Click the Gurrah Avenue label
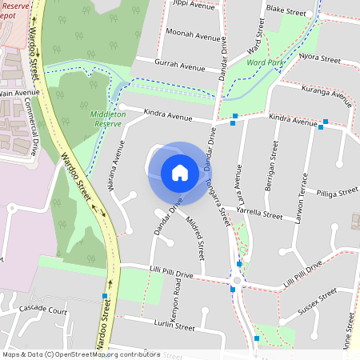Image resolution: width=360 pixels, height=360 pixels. click(180, 66)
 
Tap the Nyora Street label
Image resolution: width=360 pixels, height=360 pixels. click(318, 58)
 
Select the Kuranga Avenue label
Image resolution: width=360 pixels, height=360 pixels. click(324, 97)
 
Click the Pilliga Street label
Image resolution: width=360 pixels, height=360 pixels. click(337, 193)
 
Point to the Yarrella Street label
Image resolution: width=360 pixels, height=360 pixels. click(259, 214)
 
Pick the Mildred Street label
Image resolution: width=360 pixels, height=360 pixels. click(196, 234)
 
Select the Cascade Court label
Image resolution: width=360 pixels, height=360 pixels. click(46, 310)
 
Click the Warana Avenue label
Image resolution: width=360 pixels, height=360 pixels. click(114, 167)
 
